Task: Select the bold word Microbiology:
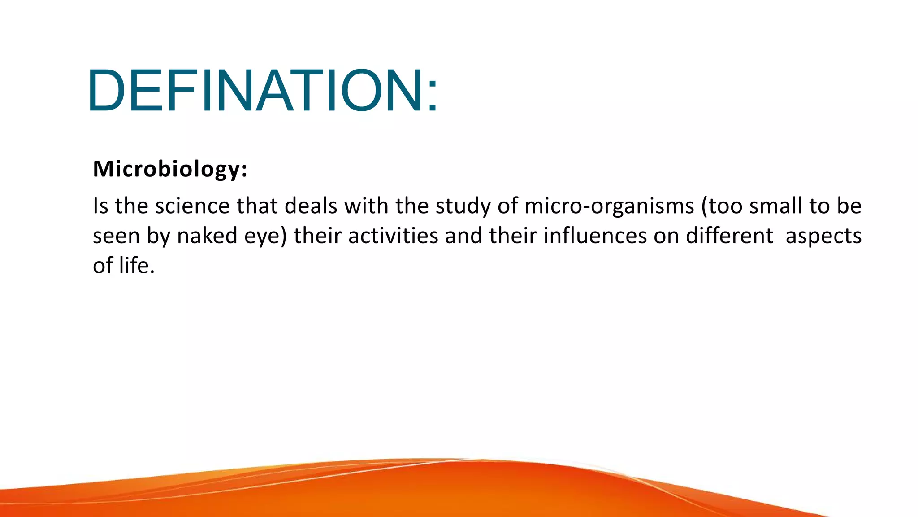(x=170, y=169)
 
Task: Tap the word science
(x=192, y=206)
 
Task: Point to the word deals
(x=311, y=206)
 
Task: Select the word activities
(x=393, y=236)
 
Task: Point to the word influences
(x=595, y=236)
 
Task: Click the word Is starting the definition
(x=100, y=206)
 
